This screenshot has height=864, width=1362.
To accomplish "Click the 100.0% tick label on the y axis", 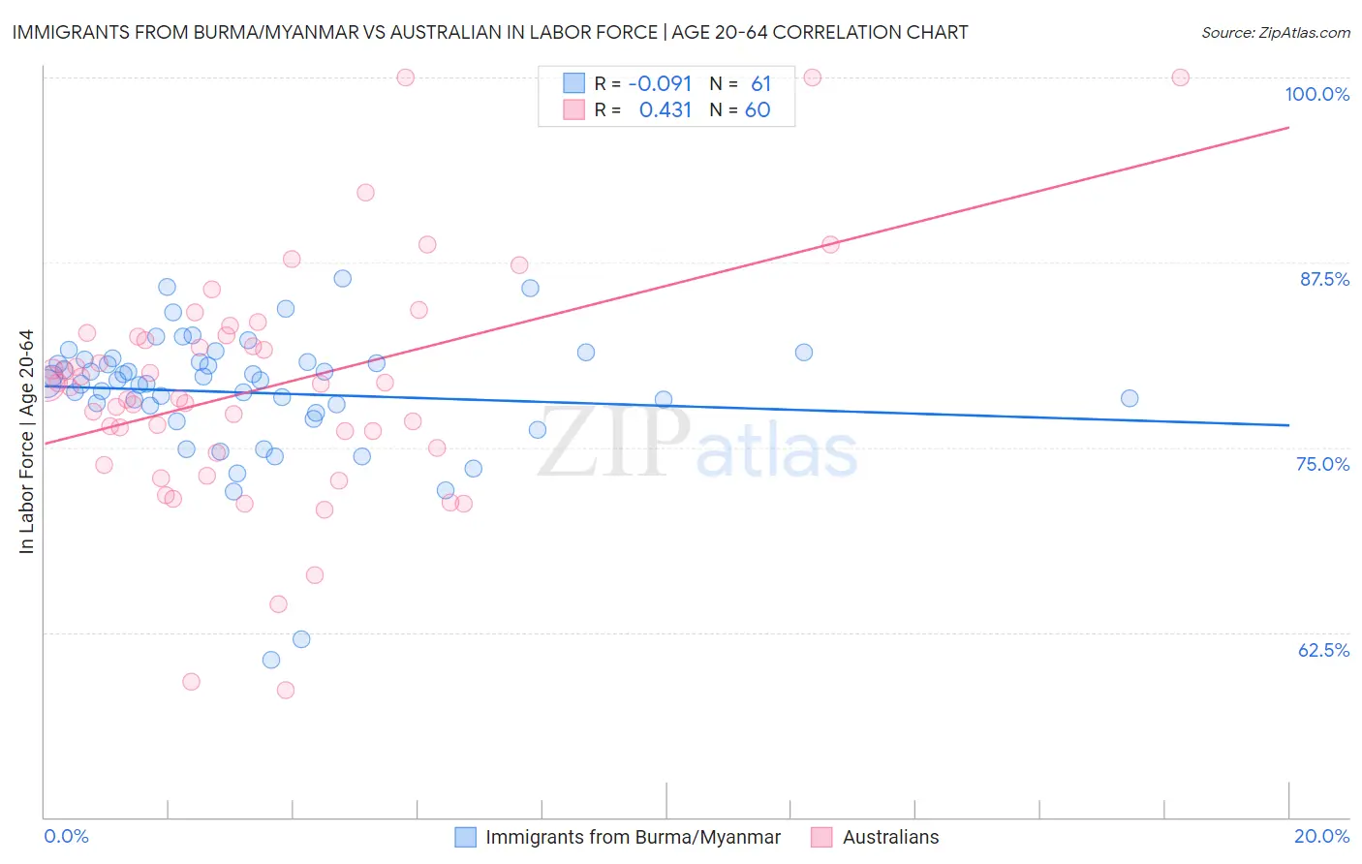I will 1316,94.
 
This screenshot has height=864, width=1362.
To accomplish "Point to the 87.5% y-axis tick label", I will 1324,279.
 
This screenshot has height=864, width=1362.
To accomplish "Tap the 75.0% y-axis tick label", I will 1322,464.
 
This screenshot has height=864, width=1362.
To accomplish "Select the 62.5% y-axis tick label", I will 1323,650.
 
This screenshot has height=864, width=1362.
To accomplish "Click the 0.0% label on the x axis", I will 66,836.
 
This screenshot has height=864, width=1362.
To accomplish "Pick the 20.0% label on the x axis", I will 1321,836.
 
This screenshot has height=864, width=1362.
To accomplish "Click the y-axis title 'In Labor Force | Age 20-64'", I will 26,442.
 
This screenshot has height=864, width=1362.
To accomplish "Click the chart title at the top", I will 490,32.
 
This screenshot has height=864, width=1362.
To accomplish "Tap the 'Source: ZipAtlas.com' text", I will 1275,32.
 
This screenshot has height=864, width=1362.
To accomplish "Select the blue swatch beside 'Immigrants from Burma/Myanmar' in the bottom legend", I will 466,837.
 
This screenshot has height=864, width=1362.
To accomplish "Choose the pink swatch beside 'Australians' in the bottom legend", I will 822,837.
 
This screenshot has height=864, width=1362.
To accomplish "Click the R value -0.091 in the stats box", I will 660,84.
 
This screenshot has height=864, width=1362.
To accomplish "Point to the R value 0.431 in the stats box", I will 666,110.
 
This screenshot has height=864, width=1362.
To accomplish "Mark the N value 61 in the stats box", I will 760,84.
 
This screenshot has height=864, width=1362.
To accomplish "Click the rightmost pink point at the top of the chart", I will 1180,77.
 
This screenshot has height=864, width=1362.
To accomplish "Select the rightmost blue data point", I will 1130,398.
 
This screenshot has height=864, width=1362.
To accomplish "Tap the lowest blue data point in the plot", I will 271,660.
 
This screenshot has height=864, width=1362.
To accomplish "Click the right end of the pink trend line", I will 1288,128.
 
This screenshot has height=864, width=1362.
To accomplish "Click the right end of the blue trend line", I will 1288,425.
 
